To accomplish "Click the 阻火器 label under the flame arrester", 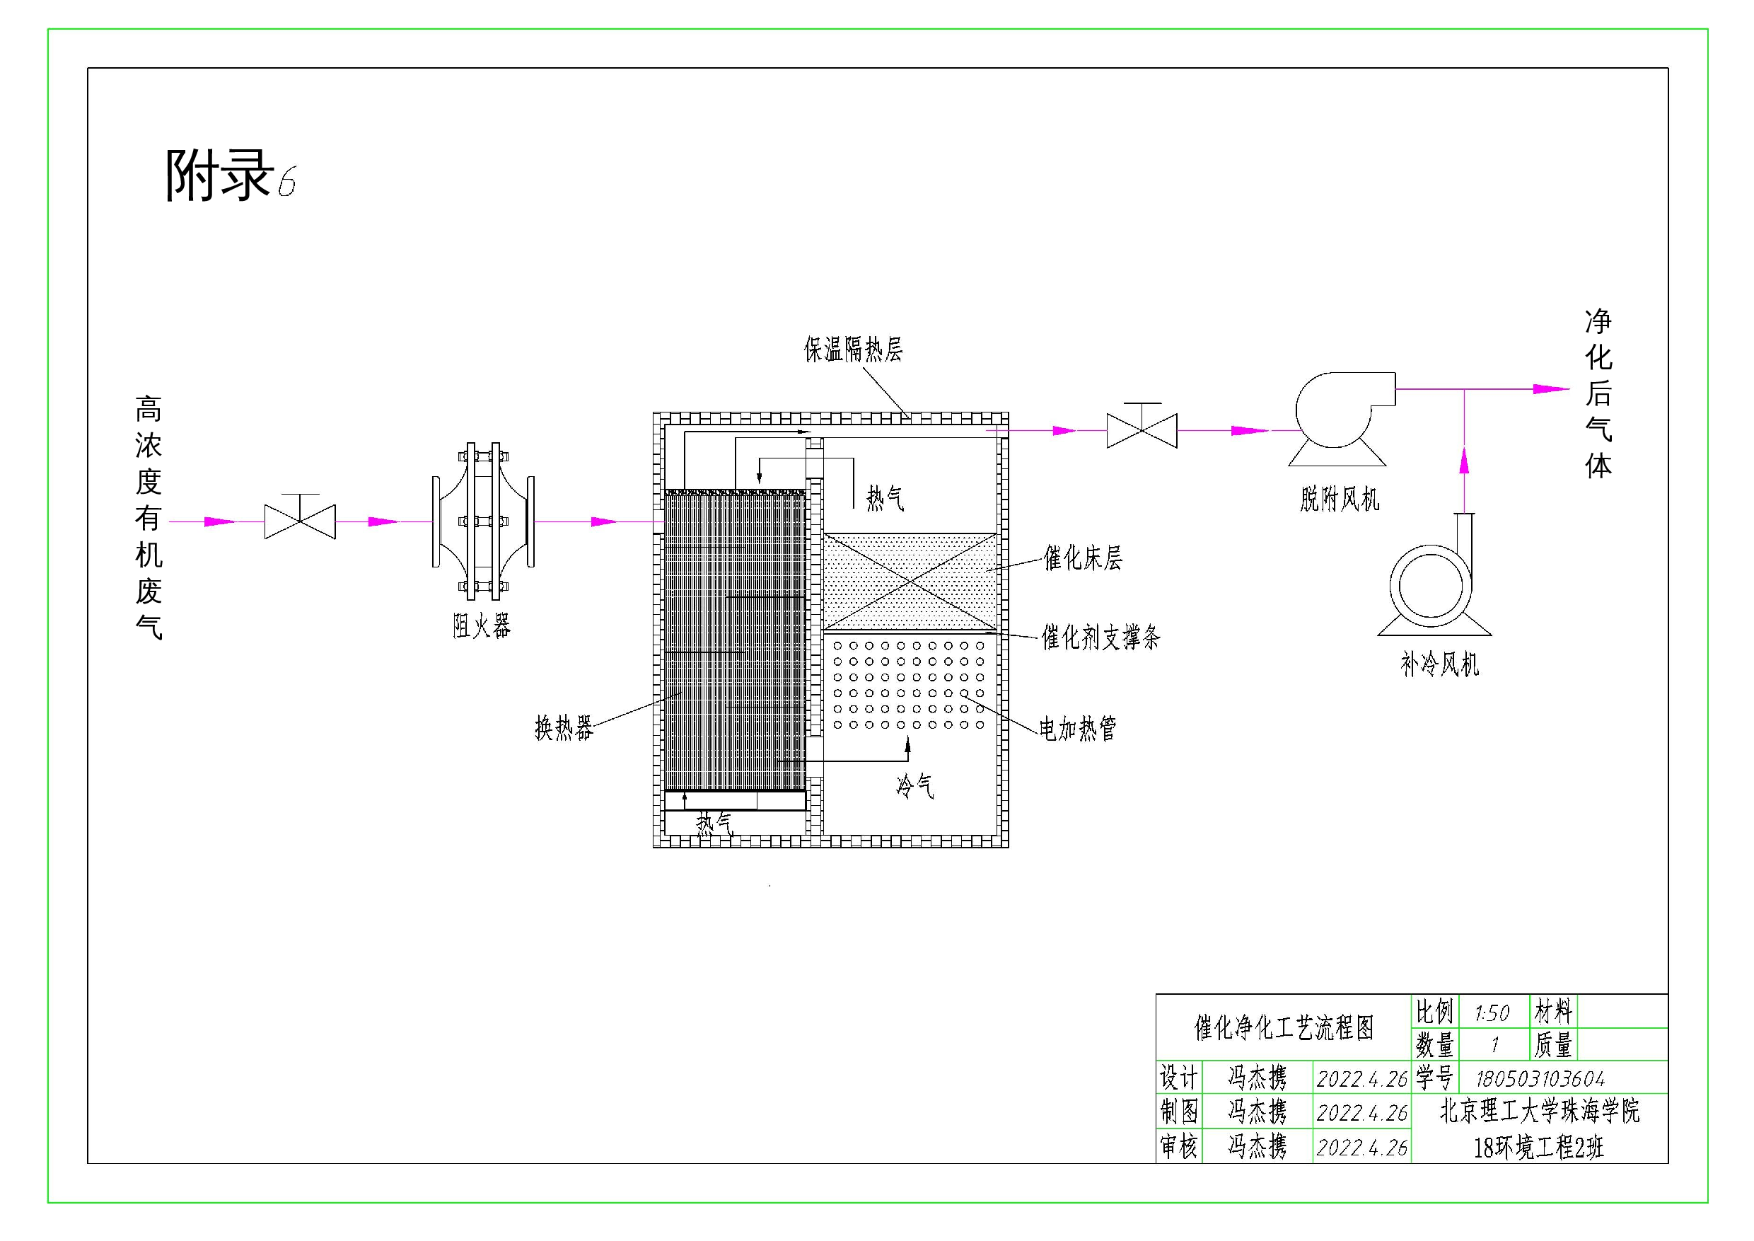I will click(x=481, y=627).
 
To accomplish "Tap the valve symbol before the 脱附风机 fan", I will click(x=1142, y=429).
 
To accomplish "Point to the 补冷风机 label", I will click(x=1439, y=664).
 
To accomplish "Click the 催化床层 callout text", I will click(x=1083, y=559).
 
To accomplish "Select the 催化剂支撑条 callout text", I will click(x=1100, y=637).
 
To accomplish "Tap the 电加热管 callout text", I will click(x=1077, y=728).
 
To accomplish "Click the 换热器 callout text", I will click(x=564, y=728).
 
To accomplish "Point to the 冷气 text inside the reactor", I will click(x=914, y=785).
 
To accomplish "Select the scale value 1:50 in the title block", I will click(x=1492, y=1013).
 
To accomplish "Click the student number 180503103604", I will click(x=1540, y=1079).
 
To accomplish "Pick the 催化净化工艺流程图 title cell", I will click(x=1284, y=1028).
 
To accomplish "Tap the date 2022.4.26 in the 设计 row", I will click(x=1361, y=1079).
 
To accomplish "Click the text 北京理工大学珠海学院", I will click(x=1539, y=1111).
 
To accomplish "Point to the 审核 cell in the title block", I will click(x=1179, y=1146).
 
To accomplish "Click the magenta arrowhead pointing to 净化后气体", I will click(x=1550, y=389).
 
